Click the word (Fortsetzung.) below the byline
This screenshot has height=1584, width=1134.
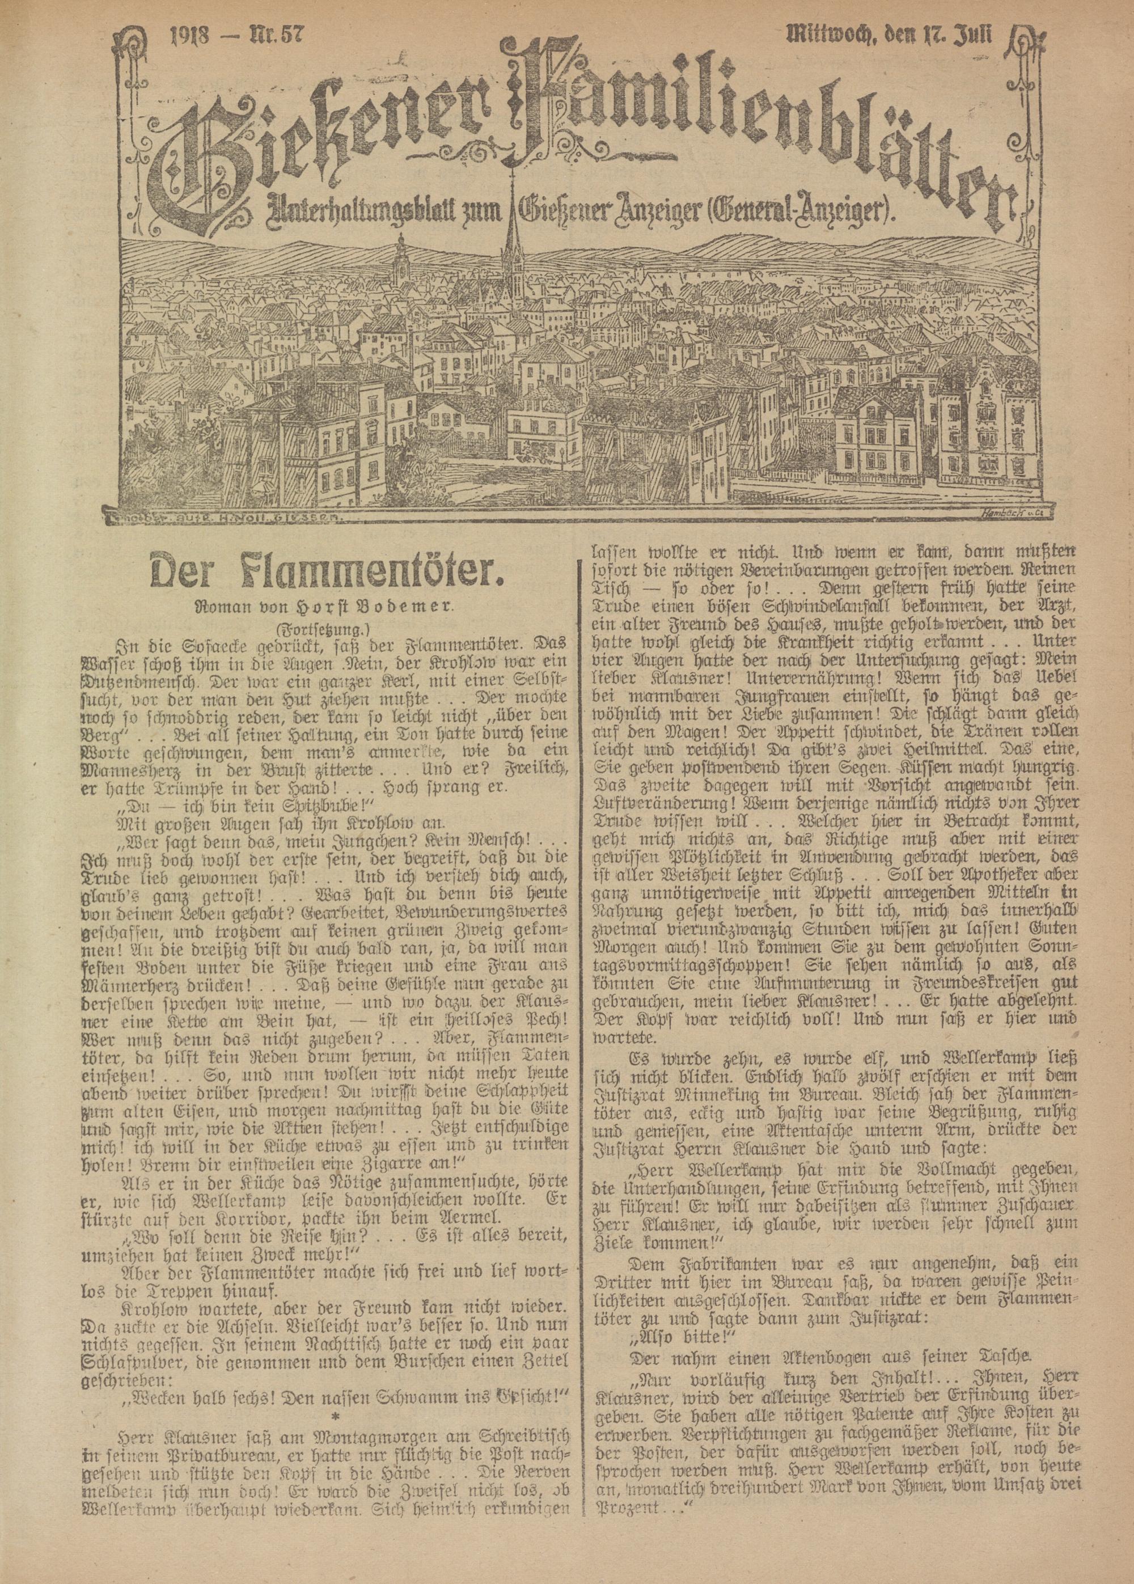point(313,630)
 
